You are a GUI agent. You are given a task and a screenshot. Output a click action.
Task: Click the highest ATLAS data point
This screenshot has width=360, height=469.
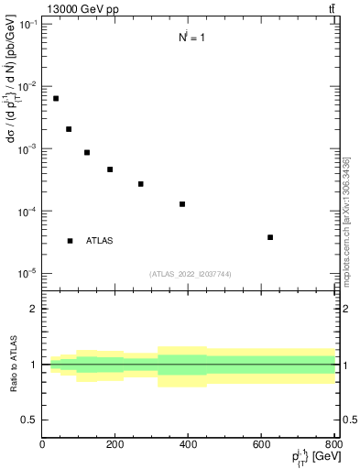56,98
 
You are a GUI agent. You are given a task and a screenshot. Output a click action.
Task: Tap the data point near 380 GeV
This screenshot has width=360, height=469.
182,203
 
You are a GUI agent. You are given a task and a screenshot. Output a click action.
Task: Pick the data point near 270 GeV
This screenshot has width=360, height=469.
141,184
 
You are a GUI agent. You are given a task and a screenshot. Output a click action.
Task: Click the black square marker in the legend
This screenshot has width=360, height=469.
70,241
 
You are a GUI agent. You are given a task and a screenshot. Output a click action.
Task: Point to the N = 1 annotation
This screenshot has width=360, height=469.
191,38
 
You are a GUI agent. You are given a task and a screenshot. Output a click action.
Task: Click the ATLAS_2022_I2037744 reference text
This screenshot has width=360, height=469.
190,274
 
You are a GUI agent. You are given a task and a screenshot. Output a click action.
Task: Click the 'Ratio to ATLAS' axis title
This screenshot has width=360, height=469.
14,364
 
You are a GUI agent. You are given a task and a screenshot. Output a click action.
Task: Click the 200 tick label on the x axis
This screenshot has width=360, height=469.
115,445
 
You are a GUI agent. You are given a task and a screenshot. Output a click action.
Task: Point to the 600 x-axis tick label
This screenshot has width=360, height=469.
262,445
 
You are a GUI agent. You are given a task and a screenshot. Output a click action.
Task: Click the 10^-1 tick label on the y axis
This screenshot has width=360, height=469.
27,24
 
